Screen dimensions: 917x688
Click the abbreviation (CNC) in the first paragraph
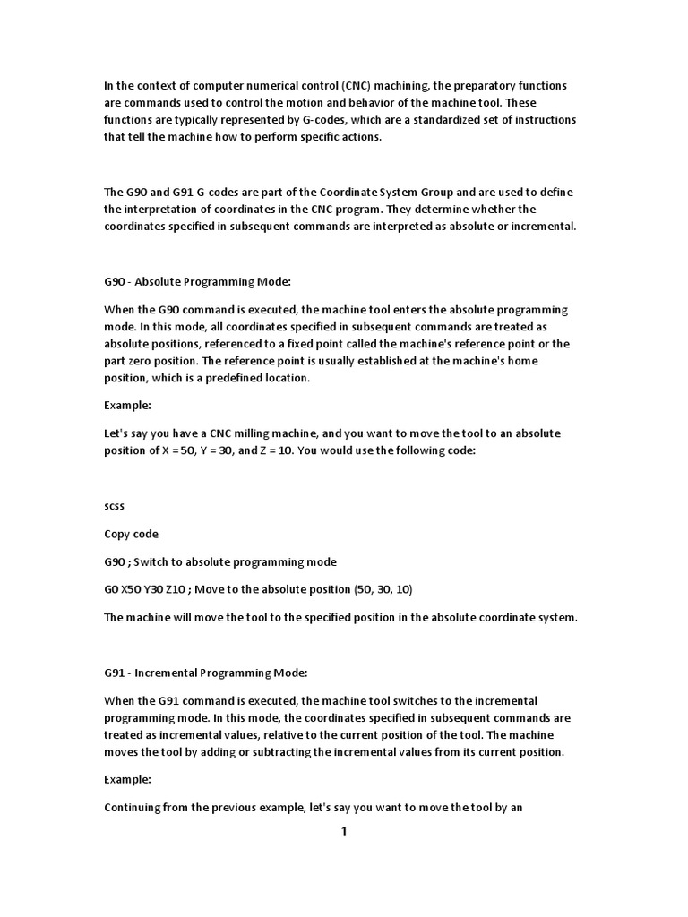(355, 85)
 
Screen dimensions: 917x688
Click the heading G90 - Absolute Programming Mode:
(197, 282)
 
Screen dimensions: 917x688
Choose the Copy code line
(131, 535)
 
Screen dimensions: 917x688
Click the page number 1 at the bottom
(343, 832)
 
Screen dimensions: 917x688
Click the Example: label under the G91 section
(127, 780)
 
